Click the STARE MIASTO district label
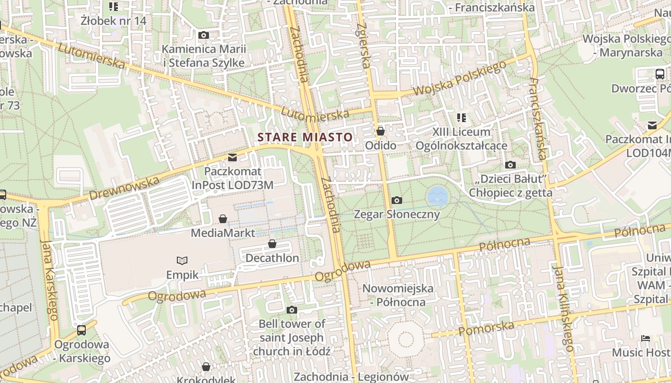(x=305, y=137)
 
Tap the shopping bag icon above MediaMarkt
(x=223, y=219)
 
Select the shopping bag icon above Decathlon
(x=272, y=244)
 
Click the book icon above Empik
(x=182, y=261)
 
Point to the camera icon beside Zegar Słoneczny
(x=397, y=200)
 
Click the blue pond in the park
(x=437, y=196)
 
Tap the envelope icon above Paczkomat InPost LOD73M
(x=232, y=157)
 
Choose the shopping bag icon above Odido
(x=381, y=131)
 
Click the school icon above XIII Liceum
(x=462, y=117)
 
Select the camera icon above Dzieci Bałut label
(x=510, y=165)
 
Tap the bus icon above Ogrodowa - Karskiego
(x=81, y=330)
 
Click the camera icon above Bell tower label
(x=291, y=310)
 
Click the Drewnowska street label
(x=124, y=188)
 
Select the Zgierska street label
(x=364, y=45)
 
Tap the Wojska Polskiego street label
(x=459, y=79)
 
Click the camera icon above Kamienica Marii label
(x=204, y=35)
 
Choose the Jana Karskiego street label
(x=50, y=280)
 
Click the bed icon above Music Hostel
(x=646, y=338)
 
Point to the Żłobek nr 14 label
(x=114, y=21)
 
